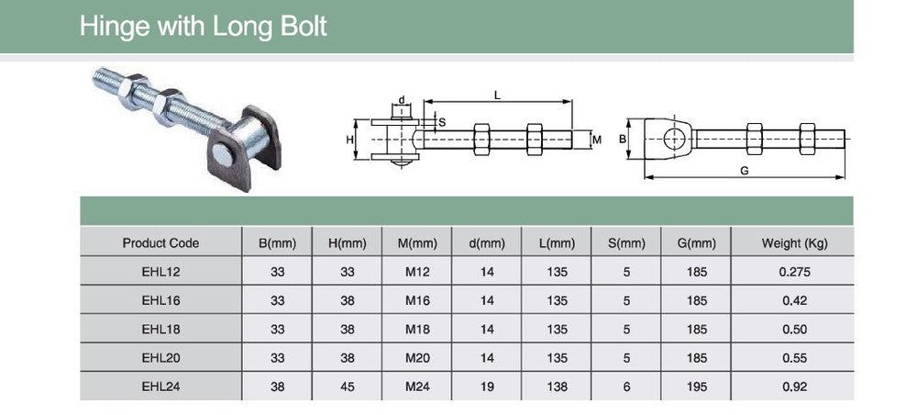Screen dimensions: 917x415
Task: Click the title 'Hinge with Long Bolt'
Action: point(203,27)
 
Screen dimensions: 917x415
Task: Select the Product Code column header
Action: point(160,243)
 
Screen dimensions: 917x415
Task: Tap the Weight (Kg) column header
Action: point(794,243)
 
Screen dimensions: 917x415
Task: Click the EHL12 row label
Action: point(160,272)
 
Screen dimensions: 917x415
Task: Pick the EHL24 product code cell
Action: point(160,387)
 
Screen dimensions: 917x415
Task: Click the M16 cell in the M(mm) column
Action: point(417,300)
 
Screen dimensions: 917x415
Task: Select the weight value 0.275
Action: point(795,272)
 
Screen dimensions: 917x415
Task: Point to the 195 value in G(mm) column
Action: point(697,387)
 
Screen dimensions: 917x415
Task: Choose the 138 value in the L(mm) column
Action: point(558,387)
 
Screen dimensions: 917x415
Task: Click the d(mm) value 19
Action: point(487,387)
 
